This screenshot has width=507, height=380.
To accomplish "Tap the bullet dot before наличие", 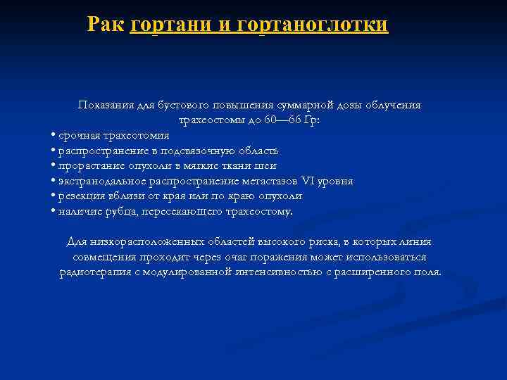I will pos(54,212).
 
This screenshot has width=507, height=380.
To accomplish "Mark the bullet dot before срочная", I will pos(54,136).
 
